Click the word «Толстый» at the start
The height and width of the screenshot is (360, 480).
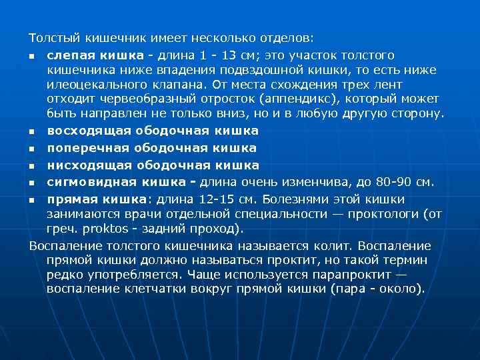tap(51, 37)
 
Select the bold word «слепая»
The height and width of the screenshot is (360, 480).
tap(69, 55)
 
